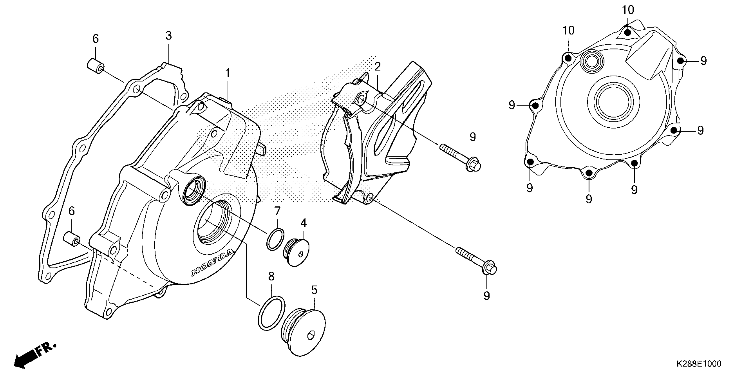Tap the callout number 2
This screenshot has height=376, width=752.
point(378,67)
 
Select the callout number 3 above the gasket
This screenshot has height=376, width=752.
point(169,36)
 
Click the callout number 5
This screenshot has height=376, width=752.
point(314,290)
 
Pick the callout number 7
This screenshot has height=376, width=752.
point(277,211)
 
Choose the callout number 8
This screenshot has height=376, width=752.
point(271,276)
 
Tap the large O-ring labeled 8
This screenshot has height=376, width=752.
point(271,313)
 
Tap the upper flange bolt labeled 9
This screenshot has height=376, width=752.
point(460,156)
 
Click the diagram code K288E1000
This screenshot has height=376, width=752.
point(698,364)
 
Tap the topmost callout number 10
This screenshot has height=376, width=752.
point(628,10)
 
